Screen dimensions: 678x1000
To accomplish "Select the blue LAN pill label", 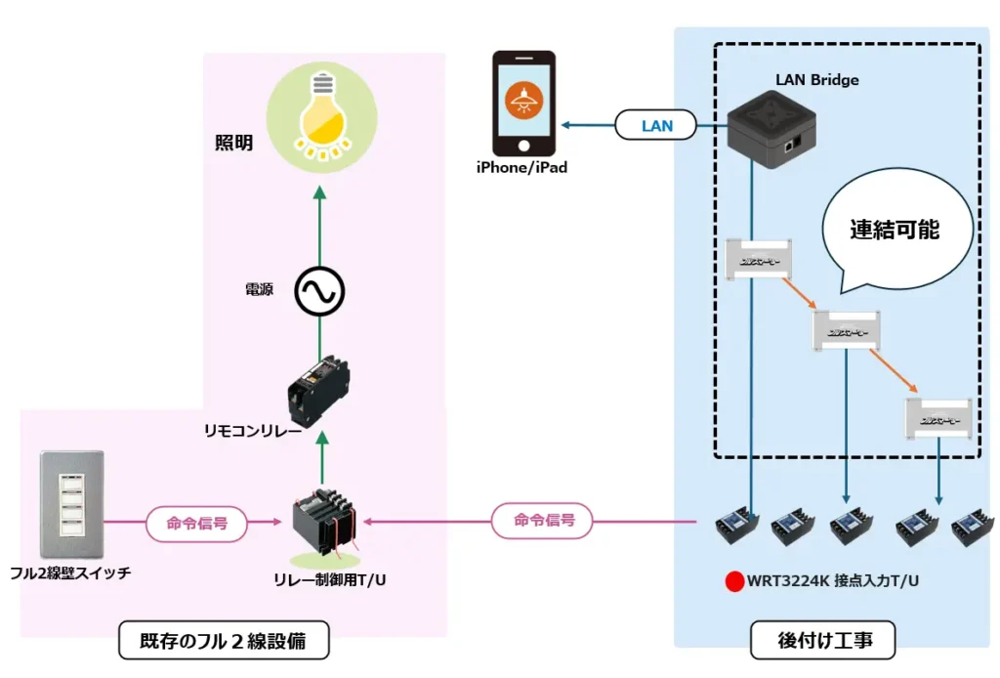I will click(x=657, y=126).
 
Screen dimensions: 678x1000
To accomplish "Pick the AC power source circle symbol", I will click(x=320, y=291).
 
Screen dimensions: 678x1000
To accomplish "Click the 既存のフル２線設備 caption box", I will click(x=223, y=642).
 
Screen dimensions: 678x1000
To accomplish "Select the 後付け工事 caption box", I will click(x=823, y=642).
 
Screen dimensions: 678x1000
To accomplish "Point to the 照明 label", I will click(x=234, y=144).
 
